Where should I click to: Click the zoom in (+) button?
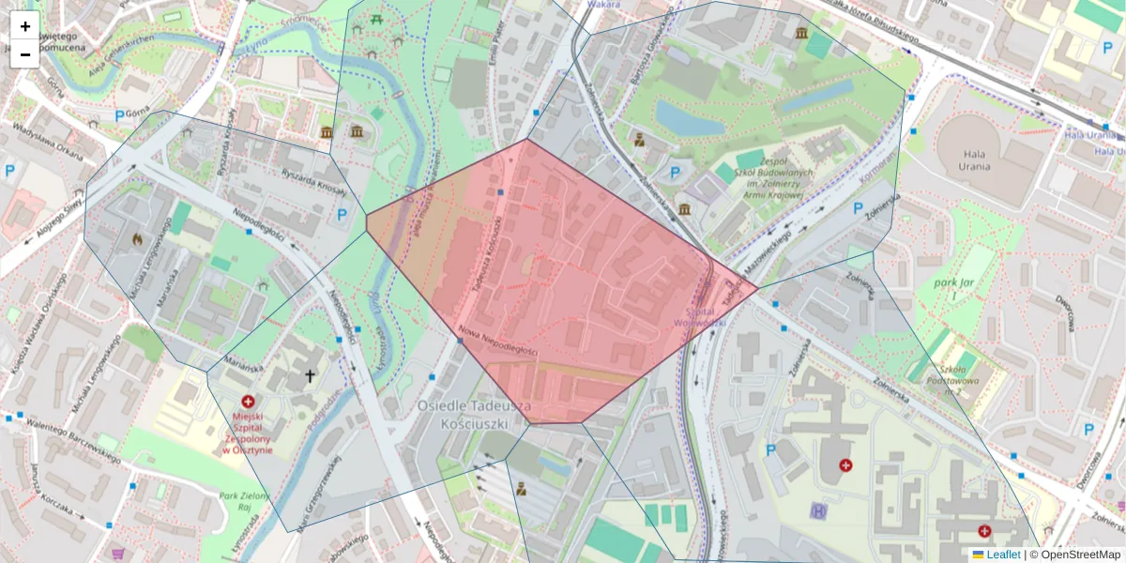click(25, 26)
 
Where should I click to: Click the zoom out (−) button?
click(25, 54)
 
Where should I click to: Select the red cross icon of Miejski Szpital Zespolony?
click(248, 402)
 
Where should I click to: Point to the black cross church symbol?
click(310, 376)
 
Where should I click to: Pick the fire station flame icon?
click(138, 239)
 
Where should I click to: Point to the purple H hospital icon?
click(818, 510)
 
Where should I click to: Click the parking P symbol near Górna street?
click(119, 115)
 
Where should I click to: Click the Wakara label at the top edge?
click(605, 5)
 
